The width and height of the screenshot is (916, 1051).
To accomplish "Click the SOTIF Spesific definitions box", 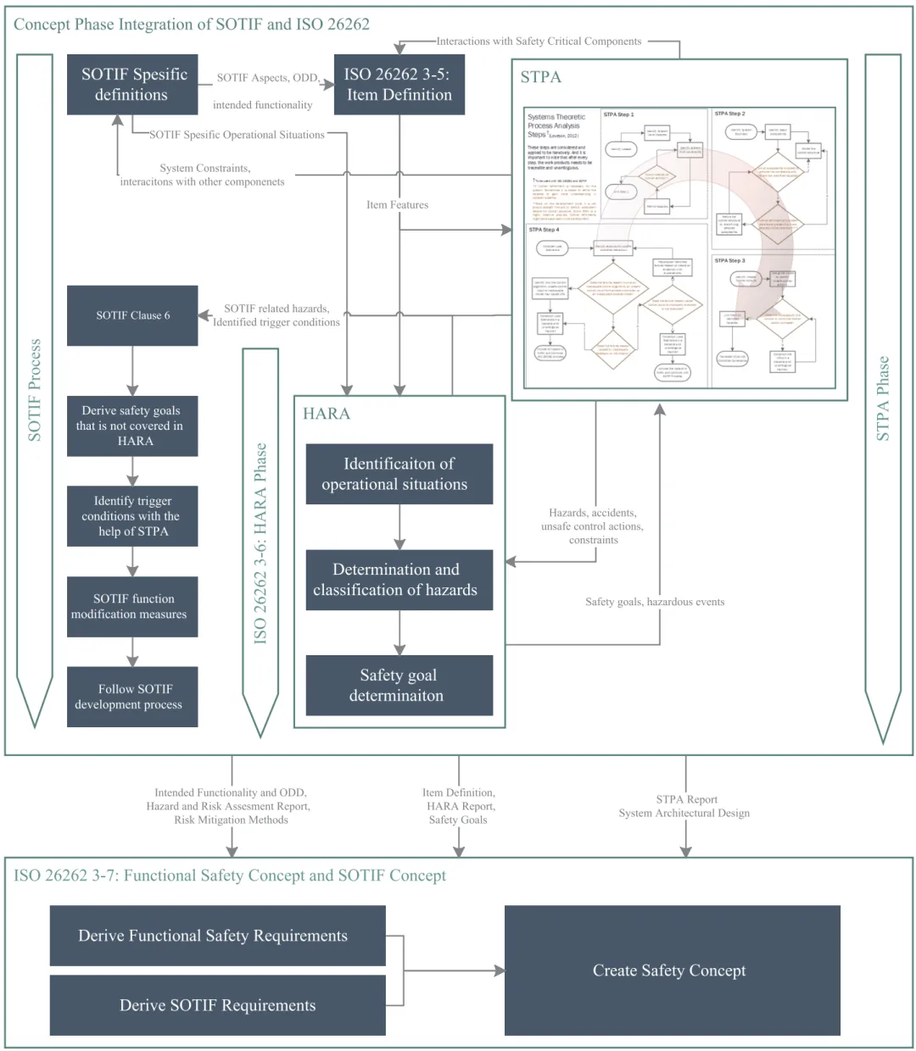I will (x=132, y=85).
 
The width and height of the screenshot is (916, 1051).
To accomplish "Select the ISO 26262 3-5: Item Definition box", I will (x=399, y=85).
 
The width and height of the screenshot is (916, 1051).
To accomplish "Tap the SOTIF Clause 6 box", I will (x=132, y=315).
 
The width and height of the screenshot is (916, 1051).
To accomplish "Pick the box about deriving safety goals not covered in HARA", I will (x=132, y=425).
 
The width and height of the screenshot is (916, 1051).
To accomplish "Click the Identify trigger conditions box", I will (x=132, y=516).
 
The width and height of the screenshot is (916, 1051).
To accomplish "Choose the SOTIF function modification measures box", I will (x=132, y=607).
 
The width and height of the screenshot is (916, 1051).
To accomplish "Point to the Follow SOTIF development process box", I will (x=132, y=697).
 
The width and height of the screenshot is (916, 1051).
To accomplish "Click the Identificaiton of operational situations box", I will (x=399, y=474).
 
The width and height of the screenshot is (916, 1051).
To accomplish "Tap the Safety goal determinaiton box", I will (x=399, y=685).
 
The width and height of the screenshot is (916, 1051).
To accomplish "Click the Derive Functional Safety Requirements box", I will (x=217, y=936).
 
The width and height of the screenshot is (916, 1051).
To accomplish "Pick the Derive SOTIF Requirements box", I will (x=217, y=1005).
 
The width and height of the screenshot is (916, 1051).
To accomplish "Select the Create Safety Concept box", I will (x=672, y=970).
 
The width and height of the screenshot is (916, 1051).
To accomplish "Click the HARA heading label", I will (x=327, y=414).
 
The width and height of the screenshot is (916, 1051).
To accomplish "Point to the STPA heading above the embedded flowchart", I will (x=540, y=77).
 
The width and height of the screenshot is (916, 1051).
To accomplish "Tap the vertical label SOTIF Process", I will (x=35, y=390).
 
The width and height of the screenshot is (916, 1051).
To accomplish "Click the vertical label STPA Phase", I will (x=883, y=398).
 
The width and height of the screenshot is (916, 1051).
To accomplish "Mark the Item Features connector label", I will (x=398, y=205).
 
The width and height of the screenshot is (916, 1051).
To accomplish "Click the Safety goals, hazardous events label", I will (x=655, y=602).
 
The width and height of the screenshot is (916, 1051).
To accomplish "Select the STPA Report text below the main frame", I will (x=686, y=799).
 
